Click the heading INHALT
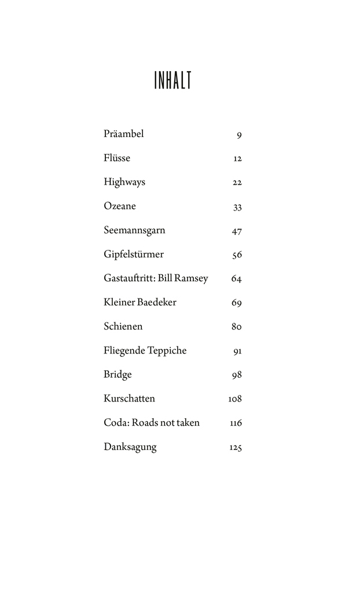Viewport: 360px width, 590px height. pos(172,80)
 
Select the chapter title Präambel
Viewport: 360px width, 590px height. pos(123,134)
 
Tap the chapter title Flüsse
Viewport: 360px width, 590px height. pos(117,158)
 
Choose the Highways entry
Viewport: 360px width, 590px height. pos(124,182)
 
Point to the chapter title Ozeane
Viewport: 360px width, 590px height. pos(120,206)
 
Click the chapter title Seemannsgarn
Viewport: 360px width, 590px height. pos(134,230)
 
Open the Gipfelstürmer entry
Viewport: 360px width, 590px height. pos(134,255)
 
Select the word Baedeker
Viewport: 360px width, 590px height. pos(157,302)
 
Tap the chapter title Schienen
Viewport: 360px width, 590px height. pos(123,326)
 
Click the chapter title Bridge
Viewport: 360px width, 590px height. pos(117,374)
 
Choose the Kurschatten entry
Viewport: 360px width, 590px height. pos(129,399)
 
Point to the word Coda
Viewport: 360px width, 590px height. pos(116,423)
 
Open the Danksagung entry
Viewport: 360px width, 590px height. pos(130,447)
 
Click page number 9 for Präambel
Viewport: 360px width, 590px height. pos(239,135)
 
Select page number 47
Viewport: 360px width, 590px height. pos(236,231)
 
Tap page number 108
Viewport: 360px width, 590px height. pos(235,399)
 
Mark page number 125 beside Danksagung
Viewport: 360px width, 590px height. pos(235,448)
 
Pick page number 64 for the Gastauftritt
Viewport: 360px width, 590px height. pos(236,279)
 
